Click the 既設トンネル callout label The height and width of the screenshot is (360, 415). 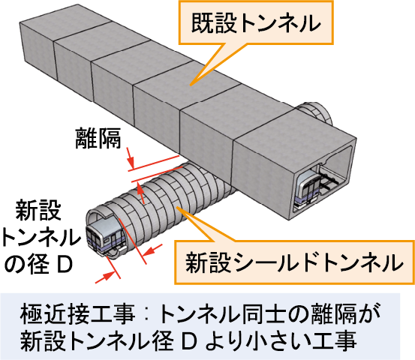pyautogui.click(x=256, y=22)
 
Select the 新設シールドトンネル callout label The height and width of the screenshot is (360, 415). pyautogui.click(x=294, y=262)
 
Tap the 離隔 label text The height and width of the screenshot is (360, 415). pyautogui.click(x=98, y=138)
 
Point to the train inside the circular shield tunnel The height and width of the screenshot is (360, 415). pyautogui.click(x=106, y=237)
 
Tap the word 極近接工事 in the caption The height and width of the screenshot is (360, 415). pyautogui.click(x=77, y=315)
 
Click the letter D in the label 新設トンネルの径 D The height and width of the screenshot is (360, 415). pyautogui.click(x=65, y=265)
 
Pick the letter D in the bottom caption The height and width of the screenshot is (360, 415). pyautogui.click(x=189, y=342)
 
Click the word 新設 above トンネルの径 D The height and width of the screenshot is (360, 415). pyautogui.click(x=38, y=210)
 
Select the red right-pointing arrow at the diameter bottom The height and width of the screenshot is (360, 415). pyautogui.click(x=105, y=277)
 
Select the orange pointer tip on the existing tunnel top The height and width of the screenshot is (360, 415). pyautogui.click(x=190, y=85)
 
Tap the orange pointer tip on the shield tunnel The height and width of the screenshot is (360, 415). pyautogui.click(x=177, y=208)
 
